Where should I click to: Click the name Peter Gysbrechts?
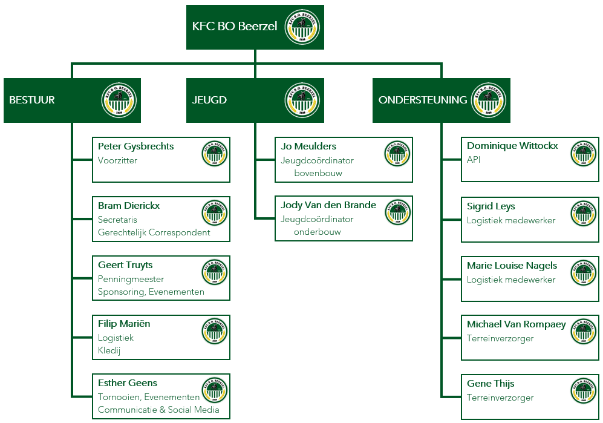click(x=135, y=146)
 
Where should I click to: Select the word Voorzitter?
click(x=117, y=160)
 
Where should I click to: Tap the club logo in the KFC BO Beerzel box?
click(x=302, y=27)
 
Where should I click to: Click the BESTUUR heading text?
click(x=32, y=100)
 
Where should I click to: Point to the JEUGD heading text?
click(x=209, y=100)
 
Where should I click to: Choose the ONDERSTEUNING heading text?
click(x=423, y=100)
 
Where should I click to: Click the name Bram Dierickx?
click(x=129, y=206)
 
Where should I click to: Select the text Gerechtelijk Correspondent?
click(x=154, y=232)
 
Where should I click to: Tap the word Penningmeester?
click(x=131, y=279)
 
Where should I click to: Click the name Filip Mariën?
click(x=124, y=324)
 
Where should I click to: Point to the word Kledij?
click(x=109, y=350)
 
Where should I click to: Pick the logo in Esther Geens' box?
click(x=215, y=390)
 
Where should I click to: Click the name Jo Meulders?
click(x=308, y=146)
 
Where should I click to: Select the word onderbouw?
click(x=318, y=232)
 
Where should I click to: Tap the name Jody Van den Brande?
click(x=328, y=205)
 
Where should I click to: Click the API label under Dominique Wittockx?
click(x=474, y=160)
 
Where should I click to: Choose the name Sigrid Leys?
click(x=491, y=207)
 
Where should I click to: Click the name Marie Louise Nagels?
click(x=512, y=266)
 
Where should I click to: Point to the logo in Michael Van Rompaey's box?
click(x=584, y=332)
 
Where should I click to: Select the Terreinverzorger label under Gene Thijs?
click(x=500, y=398)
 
